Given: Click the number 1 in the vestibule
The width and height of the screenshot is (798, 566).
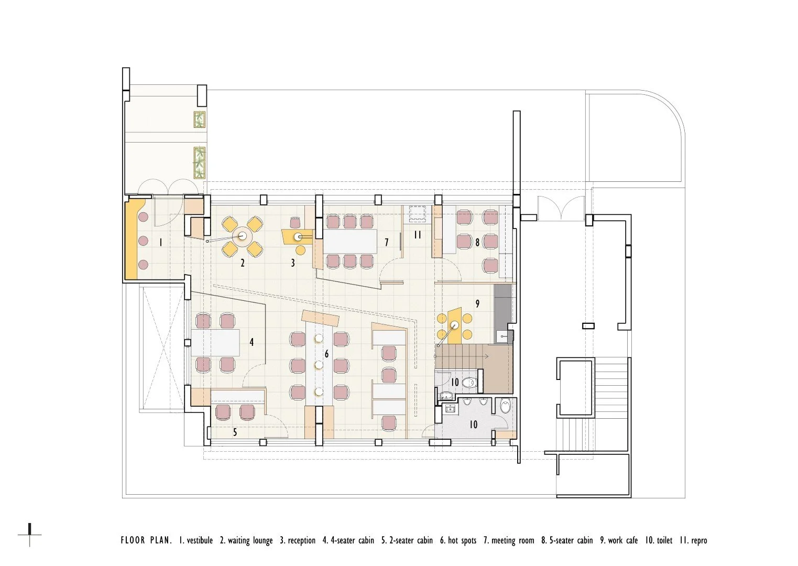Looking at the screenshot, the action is (x=161, y=243).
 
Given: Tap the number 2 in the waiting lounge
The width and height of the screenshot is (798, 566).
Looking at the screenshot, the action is (x=243, y=263).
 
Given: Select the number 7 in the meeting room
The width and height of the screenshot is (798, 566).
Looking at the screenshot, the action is (x=387, y=242).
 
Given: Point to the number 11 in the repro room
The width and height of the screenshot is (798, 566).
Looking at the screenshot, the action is (x=418, y=235).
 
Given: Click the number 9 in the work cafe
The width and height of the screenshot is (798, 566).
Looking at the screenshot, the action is (x=477, y=303).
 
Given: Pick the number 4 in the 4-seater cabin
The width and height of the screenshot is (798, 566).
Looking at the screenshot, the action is (x=252, y=342).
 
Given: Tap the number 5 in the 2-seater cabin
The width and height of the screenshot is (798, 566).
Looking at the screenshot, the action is (x=235, y=432).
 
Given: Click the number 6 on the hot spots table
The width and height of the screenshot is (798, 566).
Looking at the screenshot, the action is (x=326, y=354).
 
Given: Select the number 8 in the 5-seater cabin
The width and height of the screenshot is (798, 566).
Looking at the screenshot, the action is (x=477, y=242).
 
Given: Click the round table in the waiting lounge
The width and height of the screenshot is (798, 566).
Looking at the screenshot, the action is (x=243, y=236).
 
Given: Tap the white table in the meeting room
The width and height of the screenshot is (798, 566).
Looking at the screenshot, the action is (x=350, y=241).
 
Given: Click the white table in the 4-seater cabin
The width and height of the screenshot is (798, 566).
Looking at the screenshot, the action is (x=215, y=343).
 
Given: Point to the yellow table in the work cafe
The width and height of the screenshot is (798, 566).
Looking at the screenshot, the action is (x=455, y=325).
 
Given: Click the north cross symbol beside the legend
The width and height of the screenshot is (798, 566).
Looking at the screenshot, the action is (x=29, y=535).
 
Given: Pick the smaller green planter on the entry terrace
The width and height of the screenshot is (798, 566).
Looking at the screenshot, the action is (x=200, y=120).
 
